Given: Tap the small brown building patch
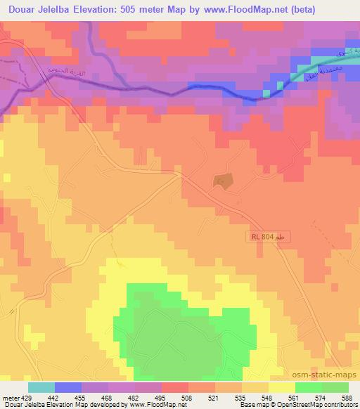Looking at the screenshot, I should pyautogui.click(x=222, y=180).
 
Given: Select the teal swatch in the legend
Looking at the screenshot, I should pyautogui.click(x=41, y=387).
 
